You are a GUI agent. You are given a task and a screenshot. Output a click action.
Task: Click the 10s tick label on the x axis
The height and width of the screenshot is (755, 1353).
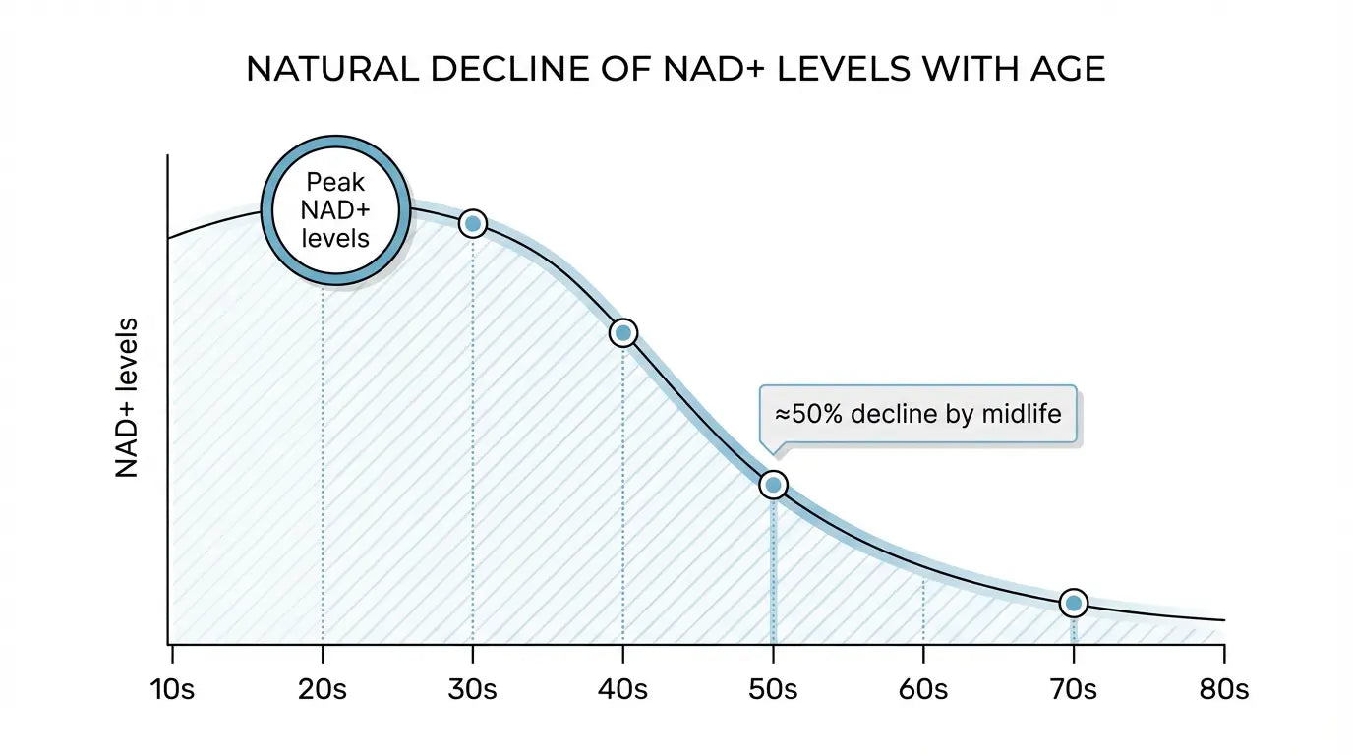(x=173, y=689)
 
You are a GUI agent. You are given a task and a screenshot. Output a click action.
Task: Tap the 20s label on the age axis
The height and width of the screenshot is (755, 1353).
(x=323, y=689)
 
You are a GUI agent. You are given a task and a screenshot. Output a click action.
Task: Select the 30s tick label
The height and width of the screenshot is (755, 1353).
(x=473, y=689)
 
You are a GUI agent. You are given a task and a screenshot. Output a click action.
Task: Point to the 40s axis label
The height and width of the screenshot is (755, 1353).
(x=623, y=689)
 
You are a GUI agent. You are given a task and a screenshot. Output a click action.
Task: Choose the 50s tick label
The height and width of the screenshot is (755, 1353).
(x=773, y=689)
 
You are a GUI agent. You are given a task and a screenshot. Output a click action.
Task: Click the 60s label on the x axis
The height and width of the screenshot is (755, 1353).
(x=923, y=689)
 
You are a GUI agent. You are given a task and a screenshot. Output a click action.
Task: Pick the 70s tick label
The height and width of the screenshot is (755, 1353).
(x=1073, y=689)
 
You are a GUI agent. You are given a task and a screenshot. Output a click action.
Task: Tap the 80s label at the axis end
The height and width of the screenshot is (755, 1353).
(x=1223, y=689)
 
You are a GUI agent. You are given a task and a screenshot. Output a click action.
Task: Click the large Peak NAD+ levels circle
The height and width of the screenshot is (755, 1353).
(x=335, y=210)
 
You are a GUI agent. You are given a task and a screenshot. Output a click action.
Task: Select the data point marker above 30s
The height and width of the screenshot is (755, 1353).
(x=473, y=224)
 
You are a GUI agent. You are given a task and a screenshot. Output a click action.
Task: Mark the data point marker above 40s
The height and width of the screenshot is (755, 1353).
(x=622, y=333)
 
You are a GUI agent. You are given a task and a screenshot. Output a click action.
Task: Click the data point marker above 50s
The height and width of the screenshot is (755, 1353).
(x=773, y=485)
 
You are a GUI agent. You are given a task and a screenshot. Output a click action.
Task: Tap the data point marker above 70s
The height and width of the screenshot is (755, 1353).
(x=1074, y=603)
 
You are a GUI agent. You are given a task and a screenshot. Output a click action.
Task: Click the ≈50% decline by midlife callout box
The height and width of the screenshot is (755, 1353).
(x=918, y=415)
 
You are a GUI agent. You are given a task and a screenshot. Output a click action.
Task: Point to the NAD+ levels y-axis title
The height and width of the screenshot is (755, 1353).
(x=128, y=398)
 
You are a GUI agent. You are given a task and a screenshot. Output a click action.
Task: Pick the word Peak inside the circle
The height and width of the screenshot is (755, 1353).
(x=335, y=183)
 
